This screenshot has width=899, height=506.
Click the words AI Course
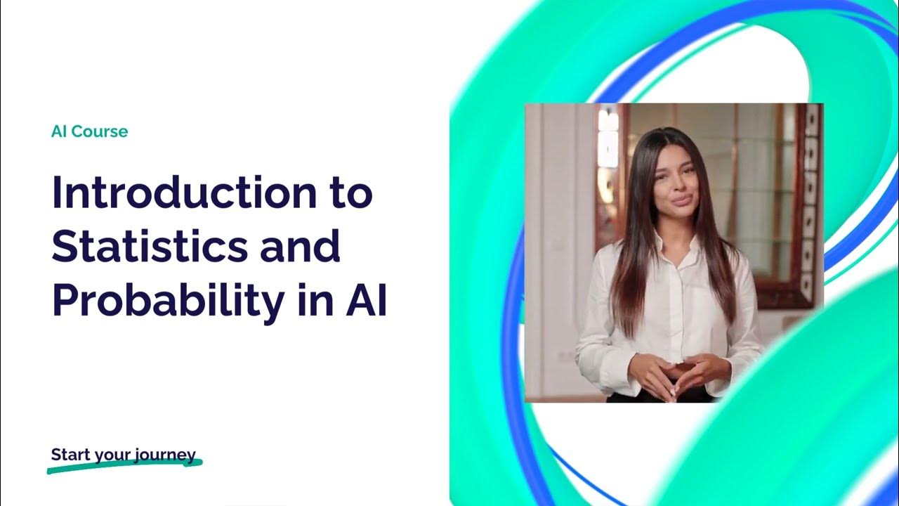pyautogui.click(x=89, y=131)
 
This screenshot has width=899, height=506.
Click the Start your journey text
pyautogui.click(x=123, y=455)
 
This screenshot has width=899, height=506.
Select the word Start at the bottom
pyautogui.click(x=71, y=455)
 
